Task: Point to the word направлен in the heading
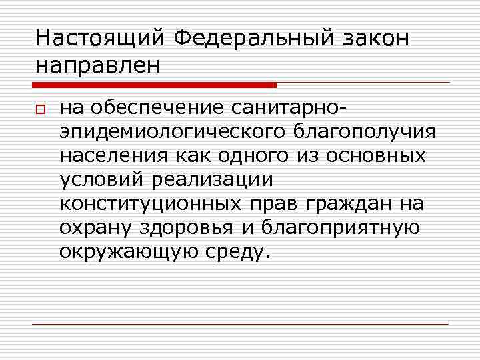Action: coord(98,65)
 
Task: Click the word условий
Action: coord(104,179)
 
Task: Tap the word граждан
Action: coord(351,203)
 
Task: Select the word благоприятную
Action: coord(339,227)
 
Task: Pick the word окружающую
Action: coord(121,252)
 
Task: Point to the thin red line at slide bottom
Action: coord(240,325)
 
